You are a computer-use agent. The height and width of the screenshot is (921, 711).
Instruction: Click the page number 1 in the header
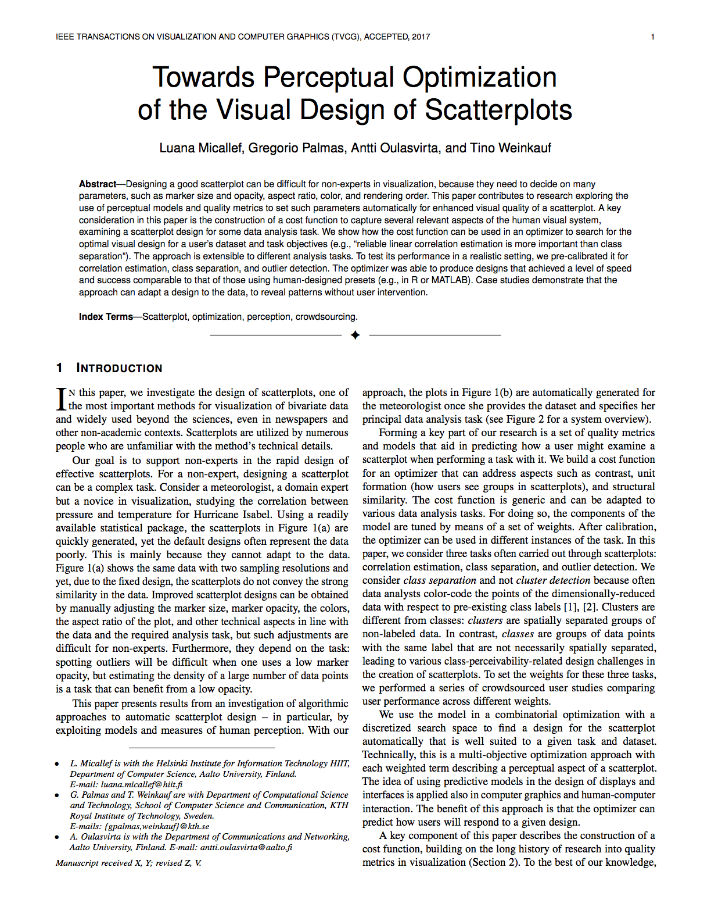tap(652, 37)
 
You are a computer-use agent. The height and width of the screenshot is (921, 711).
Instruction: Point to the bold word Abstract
tap(98, 184)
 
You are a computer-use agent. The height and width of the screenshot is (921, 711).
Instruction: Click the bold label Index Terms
tap(106, 317)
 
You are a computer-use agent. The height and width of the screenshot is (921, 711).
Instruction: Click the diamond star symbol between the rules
tap(355, 335)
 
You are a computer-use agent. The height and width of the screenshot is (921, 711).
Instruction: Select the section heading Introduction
tap(119, 368)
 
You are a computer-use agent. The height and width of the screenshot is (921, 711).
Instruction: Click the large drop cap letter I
tap(61, 399)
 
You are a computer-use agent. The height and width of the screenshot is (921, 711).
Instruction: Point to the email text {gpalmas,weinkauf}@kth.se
tap(157, 826)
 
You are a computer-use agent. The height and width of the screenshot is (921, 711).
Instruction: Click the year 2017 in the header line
tap(421, 37)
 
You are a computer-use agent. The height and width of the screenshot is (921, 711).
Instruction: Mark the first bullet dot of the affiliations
tap(57, 764)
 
